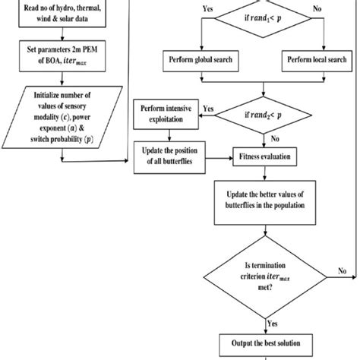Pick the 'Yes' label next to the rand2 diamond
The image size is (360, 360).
(x=207, y=109)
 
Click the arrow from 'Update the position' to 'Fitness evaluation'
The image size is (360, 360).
(x=221, y=159)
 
